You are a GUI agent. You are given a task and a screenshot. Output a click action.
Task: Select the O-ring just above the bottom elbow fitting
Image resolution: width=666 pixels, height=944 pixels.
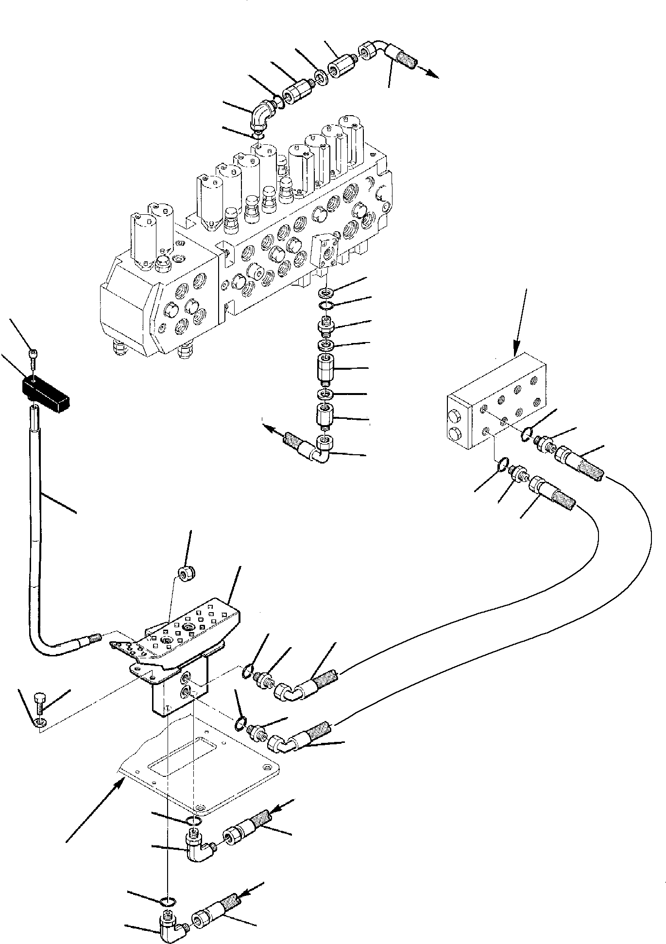point(167,902)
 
